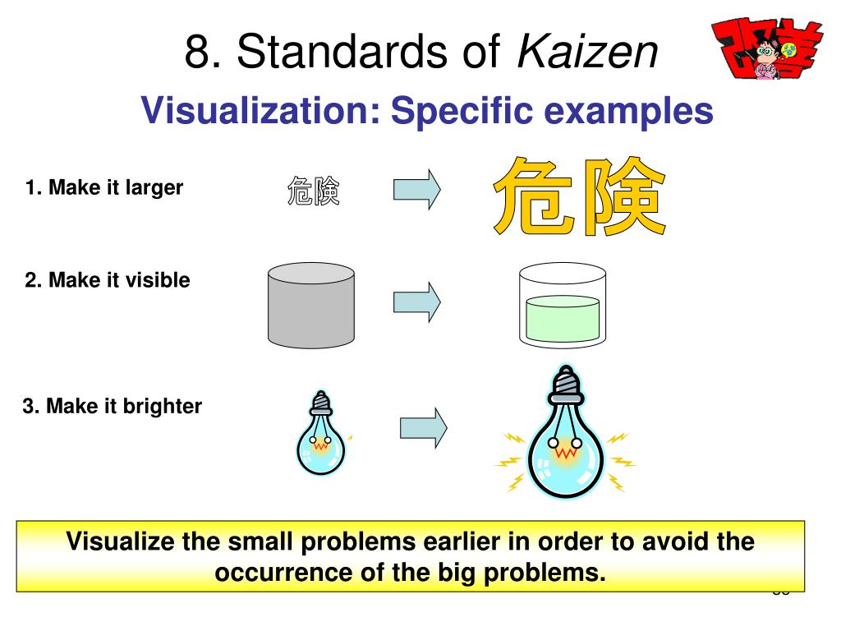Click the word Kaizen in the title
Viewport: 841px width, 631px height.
tap(587, 53)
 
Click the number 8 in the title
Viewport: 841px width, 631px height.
tap(196, 53)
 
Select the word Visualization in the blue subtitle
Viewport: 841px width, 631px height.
tap(260, 110)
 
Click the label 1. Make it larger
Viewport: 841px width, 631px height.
tap(104, 187)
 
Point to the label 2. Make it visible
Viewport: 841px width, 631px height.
tap(108, 280)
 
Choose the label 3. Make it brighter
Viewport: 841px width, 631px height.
tap(113, 406)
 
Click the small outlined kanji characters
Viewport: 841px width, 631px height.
tap(313, 191)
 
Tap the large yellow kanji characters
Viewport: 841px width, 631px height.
tap(578, 198)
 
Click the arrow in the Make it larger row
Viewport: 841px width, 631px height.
tap(417, 190)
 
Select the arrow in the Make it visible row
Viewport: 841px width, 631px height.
tap(417, 302)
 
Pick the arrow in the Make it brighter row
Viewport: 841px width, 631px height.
tap(423, 427)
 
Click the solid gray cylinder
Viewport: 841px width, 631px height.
tap(311, 306)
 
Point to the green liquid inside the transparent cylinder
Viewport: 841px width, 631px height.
tap(563, 320)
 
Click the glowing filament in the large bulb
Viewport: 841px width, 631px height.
tap(564, 451)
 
